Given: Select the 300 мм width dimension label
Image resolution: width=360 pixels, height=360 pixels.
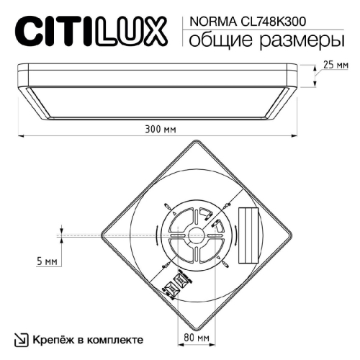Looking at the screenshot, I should pyautogui.click(x=158, y=129).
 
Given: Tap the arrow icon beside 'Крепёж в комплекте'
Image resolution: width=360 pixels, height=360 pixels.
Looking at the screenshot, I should pyautogui.click(x=21, y=338).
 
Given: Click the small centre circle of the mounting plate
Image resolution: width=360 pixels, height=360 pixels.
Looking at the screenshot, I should pyautogui.click(x=196, y=234).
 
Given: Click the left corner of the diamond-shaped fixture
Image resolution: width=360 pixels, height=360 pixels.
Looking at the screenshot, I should pyautogui.click(x=104, y=234).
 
